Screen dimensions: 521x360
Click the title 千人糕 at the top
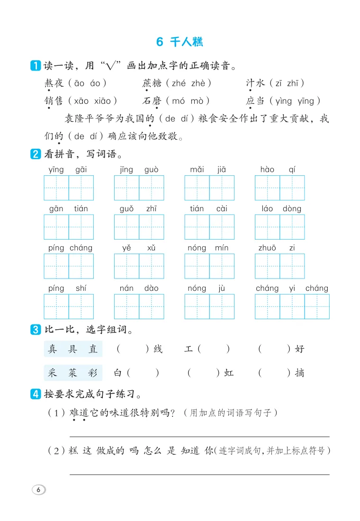pos(186,42)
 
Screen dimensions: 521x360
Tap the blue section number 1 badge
pos(35,66)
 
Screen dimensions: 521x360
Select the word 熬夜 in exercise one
pos(54,83)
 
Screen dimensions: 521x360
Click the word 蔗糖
pos(152,83)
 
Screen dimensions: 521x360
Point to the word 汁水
pos(256,83)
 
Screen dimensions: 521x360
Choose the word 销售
pos(54,101)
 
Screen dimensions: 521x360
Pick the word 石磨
pos(152,101)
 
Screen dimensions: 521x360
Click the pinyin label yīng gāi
pos(68,170)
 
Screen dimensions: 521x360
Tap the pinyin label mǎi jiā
pos(208,170)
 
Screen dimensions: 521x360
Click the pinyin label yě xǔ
pos(138,248)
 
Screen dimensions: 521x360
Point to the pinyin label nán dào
pos(139,288)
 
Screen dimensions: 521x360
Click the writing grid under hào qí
pos(279,188)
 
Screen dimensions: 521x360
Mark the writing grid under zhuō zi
pos(279,266)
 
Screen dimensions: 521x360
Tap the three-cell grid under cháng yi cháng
pos(292,306)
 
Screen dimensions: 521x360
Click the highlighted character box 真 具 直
pos(72,350)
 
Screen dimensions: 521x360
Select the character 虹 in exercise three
pos(229,373)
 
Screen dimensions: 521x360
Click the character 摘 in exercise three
pos(299,373)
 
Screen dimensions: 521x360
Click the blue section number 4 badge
pos(35,394)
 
